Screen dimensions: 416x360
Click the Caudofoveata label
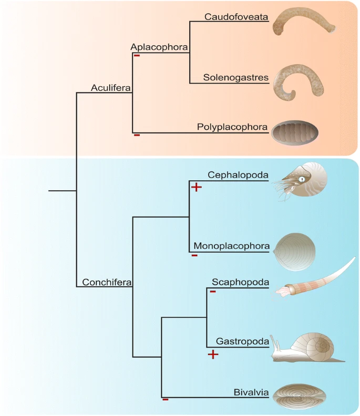click(x=236, y=17)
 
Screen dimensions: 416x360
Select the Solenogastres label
click(x=236, y=78)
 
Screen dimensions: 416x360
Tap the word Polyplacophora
click(x=233, y=127)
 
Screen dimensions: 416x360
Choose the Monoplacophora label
click(x=232, y=246)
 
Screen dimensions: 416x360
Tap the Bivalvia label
click(x=252, y=392)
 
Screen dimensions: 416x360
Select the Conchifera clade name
click(x=107, y=283)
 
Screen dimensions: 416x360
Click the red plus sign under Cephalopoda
click(x=196, y=187)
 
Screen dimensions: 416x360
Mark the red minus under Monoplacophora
click(x=194, y=256)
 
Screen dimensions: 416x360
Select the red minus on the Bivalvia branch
click(x=165, y=400)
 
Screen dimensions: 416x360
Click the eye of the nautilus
click(x=303, y=180)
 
